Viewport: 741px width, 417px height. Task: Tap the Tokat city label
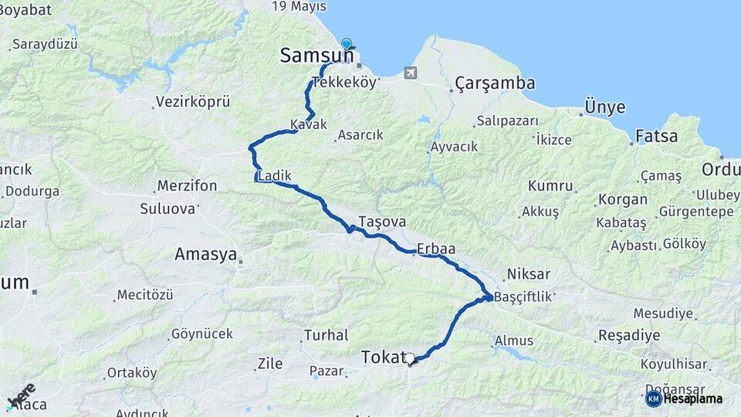coord(383,357)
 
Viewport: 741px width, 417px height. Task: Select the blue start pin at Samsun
coord(347,45)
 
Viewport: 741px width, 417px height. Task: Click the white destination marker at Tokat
coord(410,358)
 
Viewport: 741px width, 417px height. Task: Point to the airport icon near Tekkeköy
coord(410,73)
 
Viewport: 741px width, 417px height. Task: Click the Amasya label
coord(205,254)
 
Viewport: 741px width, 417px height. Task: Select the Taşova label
coord(381,222)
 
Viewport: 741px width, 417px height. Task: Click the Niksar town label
coord(529,274)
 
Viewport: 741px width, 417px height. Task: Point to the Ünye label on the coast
coord(605,107)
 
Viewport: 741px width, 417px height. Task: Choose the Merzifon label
coord(187,186)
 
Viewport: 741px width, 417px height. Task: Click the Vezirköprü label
coord(193,102)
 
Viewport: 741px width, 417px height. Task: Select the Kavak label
coord(309,124)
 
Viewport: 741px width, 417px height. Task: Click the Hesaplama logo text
coord(692,399)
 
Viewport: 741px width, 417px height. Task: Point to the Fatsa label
coord(657,137)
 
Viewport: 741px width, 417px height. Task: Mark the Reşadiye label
coord(629,336)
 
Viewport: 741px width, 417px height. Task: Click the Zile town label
coord(270,363)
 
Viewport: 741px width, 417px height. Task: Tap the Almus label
coord(514,341)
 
